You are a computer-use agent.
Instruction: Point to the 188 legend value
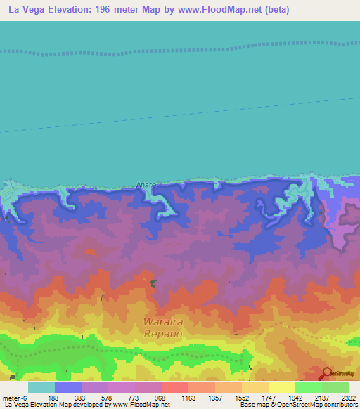(53, 398)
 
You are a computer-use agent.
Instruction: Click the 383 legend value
(80, 398)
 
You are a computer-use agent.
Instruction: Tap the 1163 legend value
(189, 398)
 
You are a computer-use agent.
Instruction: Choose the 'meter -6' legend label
(15, 398)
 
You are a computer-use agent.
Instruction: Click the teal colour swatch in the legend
(41, 387)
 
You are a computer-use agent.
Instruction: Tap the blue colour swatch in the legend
(67, 387)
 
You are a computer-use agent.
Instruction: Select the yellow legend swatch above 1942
(281, 387)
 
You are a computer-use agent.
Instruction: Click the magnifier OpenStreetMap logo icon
(326, 373)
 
